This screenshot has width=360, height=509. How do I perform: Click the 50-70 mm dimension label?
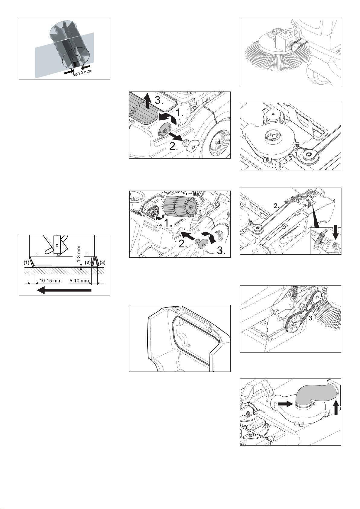82,73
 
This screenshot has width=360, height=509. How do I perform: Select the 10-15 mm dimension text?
50,281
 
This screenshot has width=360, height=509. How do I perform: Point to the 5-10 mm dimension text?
79,281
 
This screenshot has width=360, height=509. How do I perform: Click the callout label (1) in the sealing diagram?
27,263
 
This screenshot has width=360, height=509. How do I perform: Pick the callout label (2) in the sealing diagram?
88,263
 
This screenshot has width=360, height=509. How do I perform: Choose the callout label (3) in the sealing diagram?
102,263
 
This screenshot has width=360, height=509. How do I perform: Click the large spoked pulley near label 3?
294,324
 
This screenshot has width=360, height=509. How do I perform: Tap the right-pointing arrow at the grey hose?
284,403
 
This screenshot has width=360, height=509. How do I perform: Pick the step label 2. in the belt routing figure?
276,206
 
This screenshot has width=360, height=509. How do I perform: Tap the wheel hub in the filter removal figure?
218,142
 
